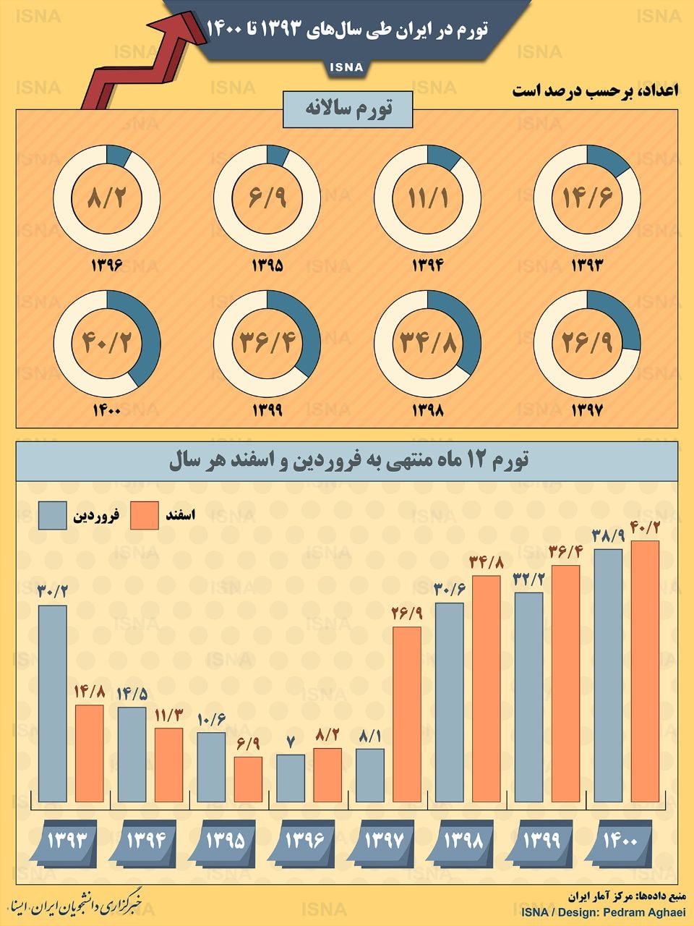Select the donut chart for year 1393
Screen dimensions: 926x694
point(587,198)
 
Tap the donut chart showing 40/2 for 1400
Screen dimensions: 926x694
point(107,343)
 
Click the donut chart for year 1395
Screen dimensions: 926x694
point(267,198)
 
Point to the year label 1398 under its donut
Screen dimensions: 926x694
point(427,410)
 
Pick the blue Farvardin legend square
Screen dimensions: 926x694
point(52,516)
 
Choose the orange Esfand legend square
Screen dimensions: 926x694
point(145,516)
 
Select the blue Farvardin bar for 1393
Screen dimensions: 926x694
point(53,703)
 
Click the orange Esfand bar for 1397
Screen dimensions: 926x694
point(407,714)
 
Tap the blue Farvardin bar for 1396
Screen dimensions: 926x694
point(291,778)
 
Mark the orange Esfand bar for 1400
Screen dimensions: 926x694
point(645,671)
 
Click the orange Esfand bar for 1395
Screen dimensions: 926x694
point(248,779)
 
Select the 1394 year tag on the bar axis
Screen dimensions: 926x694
point(147,841)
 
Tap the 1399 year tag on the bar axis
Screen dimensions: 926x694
point(541,841)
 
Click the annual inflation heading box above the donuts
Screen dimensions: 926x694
point(348,110)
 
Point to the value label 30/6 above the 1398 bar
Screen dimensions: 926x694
point(449,590)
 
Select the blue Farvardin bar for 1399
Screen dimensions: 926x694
point(528,697)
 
